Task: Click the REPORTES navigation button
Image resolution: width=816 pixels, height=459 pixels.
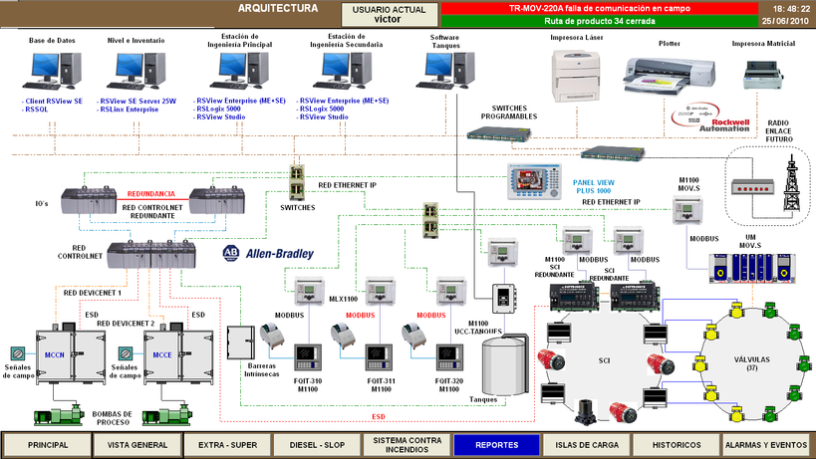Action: (496, 444)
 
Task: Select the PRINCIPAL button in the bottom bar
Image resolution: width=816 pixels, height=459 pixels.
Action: (48, 444)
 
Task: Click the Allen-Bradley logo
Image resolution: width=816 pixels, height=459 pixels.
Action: (268, 253)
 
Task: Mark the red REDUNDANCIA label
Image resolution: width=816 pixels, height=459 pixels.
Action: (149, 193)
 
